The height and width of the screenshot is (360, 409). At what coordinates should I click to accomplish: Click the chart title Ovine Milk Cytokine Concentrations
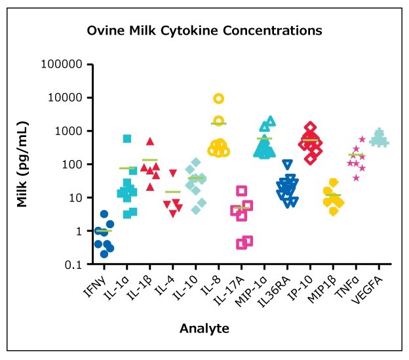(x=204, y=31)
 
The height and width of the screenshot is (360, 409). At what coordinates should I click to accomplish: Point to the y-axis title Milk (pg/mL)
(x=23, y=164)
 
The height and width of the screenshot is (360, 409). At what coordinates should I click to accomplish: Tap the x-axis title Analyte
(x=204, y=328)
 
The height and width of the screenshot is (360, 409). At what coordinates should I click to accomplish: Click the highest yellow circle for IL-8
(x=219, y=98)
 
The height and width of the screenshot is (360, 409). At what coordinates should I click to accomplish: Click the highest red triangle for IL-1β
(x=150, y=141)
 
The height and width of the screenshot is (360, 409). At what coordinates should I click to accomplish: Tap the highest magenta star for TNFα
(x=362, y=139)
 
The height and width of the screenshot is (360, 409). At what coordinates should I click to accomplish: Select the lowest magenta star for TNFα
(x=356, y=178)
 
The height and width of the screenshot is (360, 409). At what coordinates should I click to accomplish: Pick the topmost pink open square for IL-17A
(x=242, y=191)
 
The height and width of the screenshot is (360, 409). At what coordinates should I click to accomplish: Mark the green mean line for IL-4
(x=173, y=192)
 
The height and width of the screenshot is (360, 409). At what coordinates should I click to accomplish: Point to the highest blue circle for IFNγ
(x=104, y=214)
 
